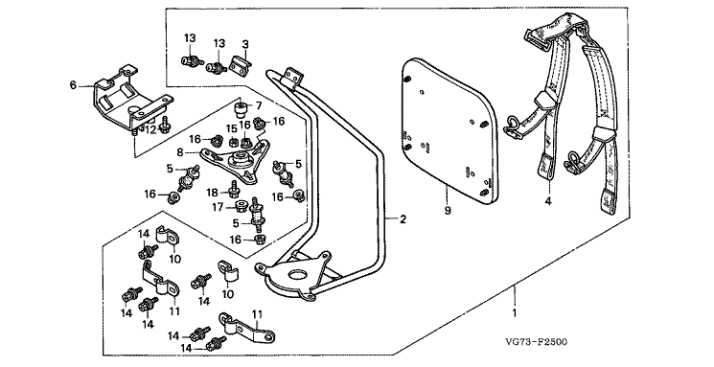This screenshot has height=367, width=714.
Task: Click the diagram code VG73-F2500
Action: pos(536,342)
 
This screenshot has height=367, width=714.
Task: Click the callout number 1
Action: pos(515,313)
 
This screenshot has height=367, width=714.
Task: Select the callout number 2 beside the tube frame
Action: pos(403,219)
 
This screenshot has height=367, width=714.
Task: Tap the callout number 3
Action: pos(246,44)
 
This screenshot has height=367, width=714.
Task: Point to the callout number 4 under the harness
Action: pos(548,200)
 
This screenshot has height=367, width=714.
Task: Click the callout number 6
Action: pos(73,84)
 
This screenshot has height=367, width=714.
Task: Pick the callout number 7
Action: pos(259,105)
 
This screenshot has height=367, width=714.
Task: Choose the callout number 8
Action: pos(180,152)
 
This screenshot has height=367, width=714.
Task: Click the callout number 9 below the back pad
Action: pos(448,211)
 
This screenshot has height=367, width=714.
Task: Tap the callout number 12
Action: pos(150,130)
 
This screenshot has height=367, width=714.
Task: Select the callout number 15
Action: pos(232,128)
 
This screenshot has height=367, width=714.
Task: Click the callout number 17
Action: pos(218,208)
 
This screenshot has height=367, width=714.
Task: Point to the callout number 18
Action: pos(212,193)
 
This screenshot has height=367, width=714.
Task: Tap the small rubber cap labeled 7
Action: pos(241,110)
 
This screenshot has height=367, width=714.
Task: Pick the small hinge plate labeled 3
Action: pos(241,62)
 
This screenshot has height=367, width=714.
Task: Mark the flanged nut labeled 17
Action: pos(240,208)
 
